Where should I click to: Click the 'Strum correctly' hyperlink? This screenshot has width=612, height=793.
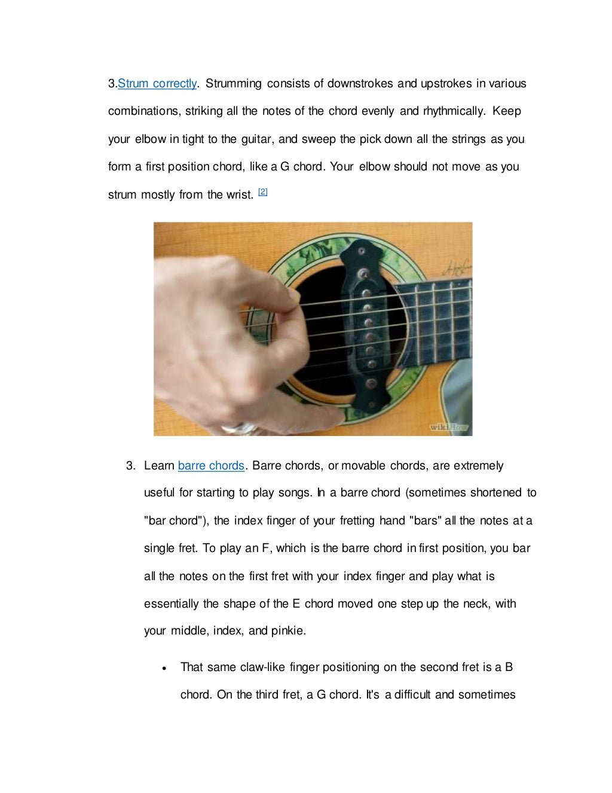tap(157, 84)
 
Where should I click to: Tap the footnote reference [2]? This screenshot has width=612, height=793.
tap(263, 192)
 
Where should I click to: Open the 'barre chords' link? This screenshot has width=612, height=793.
tap(211, 466)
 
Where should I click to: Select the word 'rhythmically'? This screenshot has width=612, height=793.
tap(454, 111)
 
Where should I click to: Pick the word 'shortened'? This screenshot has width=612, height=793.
tap(495, 493)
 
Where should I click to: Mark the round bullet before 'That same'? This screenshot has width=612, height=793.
tap(164, 668)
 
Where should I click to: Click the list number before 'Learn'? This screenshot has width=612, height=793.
tap(130, 466)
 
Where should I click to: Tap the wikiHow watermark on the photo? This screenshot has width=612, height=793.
tap(449, 427)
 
